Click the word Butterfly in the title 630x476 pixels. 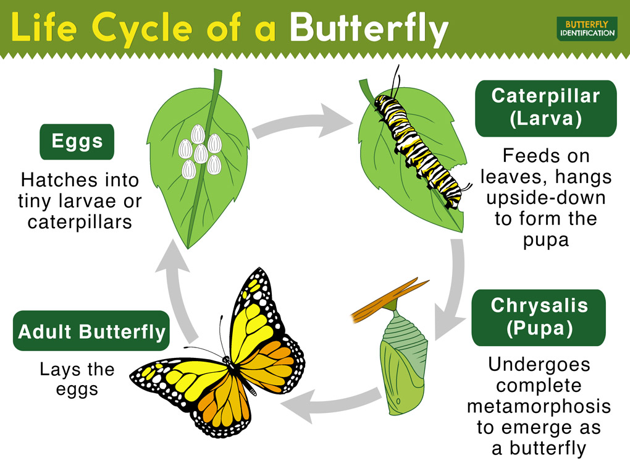(x=369, y=29)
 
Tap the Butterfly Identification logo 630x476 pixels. (x=587, y=28)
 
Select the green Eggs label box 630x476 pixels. (x=77, y=142)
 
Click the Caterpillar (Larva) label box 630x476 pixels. (x=545, y=108)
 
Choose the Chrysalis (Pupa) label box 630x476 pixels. (x=539, y=318)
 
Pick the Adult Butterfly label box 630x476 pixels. (x=91, y=331)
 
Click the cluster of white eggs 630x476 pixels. (x=200, y=151)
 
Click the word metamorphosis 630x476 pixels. (x=539, y=406)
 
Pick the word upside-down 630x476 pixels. (x=545, y=198)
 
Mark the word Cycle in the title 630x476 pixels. (x=142, y=29)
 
